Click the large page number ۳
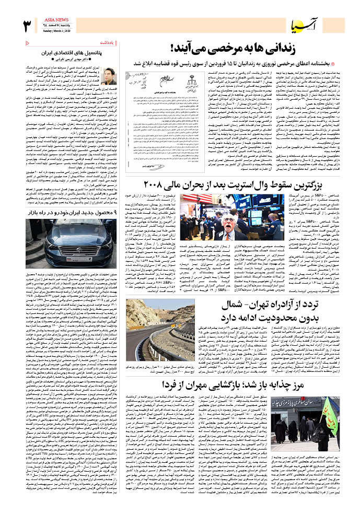27,26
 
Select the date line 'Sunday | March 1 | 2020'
57,31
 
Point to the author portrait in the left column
109,76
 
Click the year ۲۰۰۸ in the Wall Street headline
155,184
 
